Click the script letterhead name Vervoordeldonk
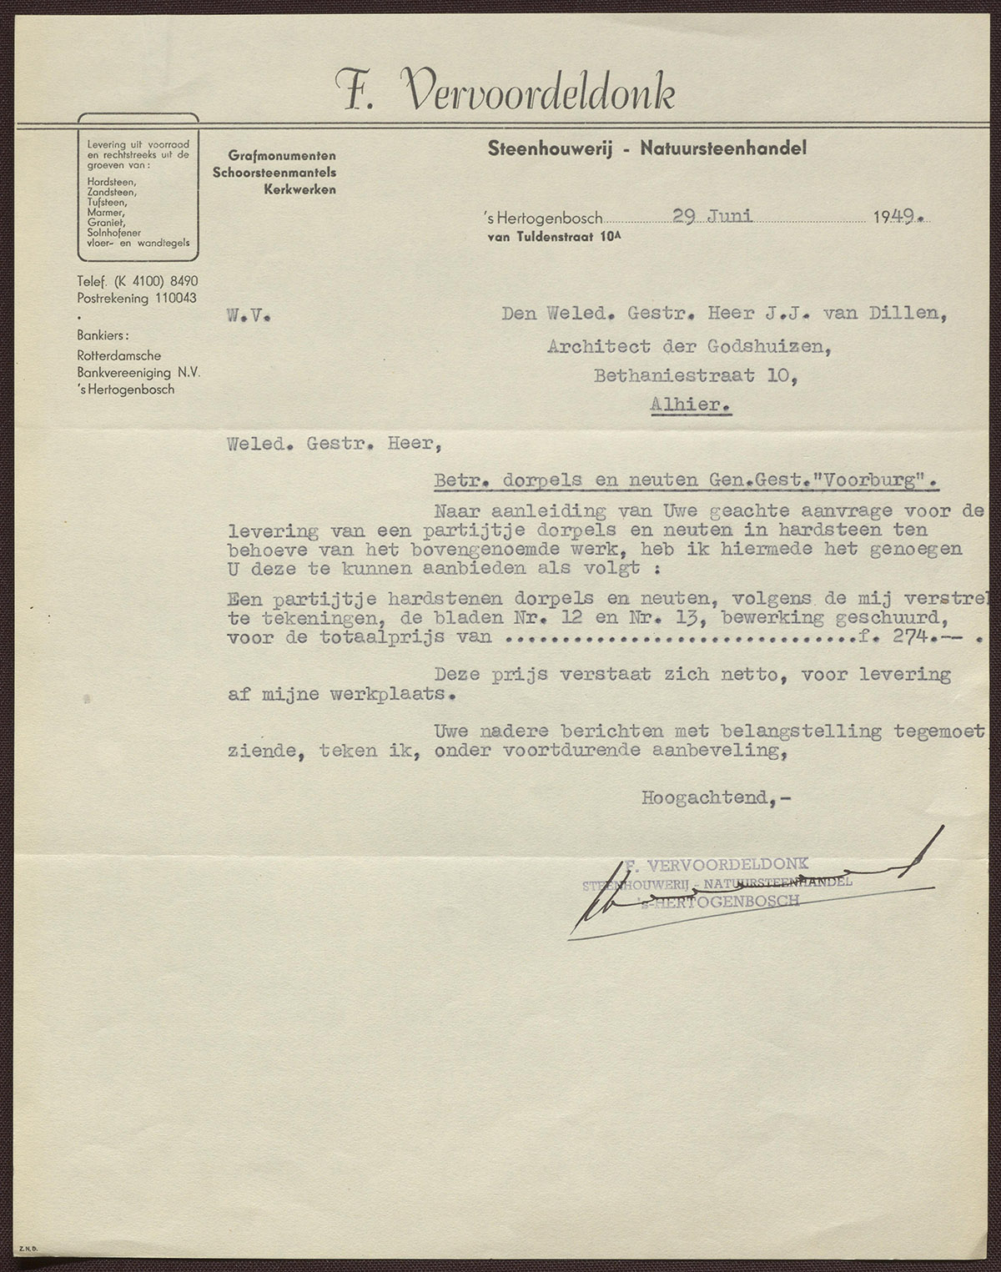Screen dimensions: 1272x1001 538,91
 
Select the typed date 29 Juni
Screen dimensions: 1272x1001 713,216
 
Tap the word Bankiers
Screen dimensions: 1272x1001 103,335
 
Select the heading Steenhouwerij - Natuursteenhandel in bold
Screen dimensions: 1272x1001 647,150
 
